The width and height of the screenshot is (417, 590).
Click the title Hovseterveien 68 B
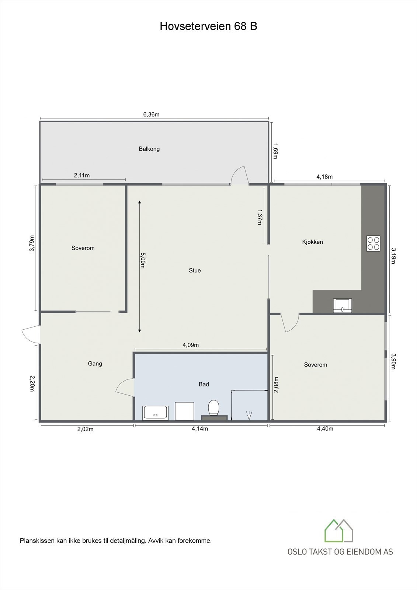(208, 27)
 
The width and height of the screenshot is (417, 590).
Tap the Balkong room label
(149, 149)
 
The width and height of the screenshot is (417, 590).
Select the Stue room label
(195, 270)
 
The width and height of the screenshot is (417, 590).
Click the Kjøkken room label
(312, 242)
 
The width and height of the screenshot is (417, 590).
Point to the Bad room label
(204, 384)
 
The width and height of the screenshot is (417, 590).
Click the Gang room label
(95, 364)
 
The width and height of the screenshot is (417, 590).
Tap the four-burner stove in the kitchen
(373, 243)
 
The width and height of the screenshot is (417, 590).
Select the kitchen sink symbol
(342, 305)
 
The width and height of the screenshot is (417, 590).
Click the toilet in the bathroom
(213, 408)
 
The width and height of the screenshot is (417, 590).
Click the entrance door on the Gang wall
(31, 334)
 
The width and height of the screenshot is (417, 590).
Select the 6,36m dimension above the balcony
(151, 114)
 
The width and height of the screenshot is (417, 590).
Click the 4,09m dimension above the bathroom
(191, 345)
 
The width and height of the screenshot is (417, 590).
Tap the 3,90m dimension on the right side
(393, 361)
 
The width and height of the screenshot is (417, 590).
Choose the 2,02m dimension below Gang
(85, 429)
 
